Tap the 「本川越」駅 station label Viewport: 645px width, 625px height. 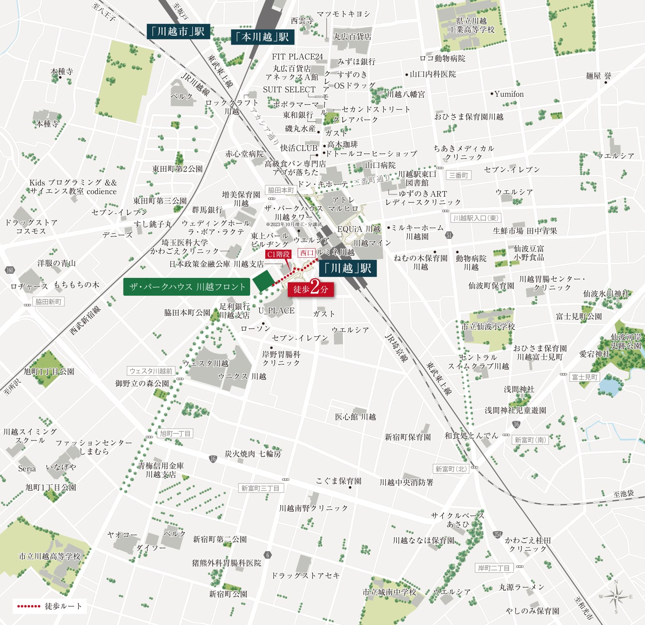pyautogui.click(x=263, y=37)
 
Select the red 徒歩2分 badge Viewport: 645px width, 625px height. pyautogui.click(x=311, y=289)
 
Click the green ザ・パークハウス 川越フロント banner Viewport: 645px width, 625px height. pyautogui.click(x=187, y=287)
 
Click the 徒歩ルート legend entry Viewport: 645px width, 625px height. pyautogui.click(x=49, y=606)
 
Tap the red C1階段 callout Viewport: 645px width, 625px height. pyautogui.click(x=278, y=254)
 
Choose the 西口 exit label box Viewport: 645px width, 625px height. pyautogui.click(x=306, y=253)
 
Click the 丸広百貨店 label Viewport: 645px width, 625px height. pyautogui.click(x=352, y=37)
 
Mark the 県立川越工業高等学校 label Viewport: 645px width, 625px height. pyautogui.click(x=471, y=25)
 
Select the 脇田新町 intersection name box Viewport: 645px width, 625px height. pyautogui.click(x=48, y=302)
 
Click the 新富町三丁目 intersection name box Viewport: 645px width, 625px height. pyautogui.click(x=261, y=488)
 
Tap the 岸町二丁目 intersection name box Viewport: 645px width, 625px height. pyautogui.click(x=494, y=568)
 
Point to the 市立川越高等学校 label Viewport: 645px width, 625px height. pyautogui.click(x=50, y=556)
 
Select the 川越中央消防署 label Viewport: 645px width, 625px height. pyautogui.click(x=406, y=482)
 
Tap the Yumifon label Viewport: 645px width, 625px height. pyautogui.click(x=509, y=94)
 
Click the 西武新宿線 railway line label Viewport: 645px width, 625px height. pyautogui.click(x=85, y=320)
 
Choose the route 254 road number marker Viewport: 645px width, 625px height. pyautogui.click(x=497, y=534)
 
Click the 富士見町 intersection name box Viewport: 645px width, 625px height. pyautogui.click(x=585, y=377)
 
